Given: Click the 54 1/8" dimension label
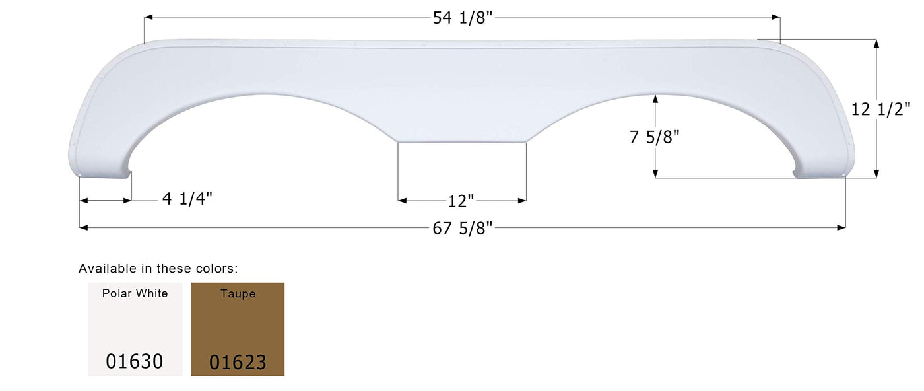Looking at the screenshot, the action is coord(463,18).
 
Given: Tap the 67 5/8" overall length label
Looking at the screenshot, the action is coord(463,229).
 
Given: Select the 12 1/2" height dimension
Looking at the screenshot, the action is coord(880,110).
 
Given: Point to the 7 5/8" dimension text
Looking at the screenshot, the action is coord(654,137).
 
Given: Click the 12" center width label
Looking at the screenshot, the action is coord(461,201).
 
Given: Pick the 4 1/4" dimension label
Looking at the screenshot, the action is coord(187,199).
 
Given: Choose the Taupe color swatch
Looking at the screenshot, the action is coord(238,329).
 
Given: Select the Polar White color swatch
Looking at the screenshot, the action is coord(135,329).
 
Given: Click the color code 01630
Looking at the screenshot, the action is coord(135,361).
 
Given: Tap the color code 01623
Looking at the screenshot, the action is coord(238,362).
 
